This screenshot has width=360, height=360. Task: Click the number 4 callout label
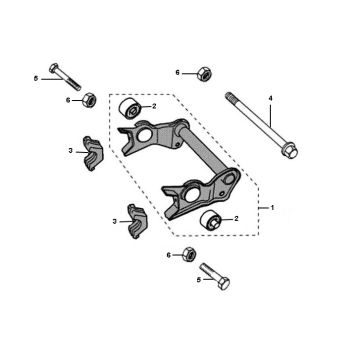pos(270,96)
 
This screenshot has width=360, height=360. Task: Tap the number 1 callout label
pos(268,206)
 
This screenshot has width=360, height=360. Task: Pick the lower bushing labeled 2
pos(211,221)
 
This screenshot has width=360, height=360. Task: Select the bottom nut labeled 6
pos(190,256)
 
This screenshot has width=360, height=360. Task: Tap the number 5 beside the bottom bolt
pos(198,281)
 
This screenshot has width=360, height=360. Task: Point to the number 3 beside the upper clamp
pos(70,150)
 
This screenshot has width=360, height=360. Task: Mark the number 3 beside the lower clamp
pos(115,220)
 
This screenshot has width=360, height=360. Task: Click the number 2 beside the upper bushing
pos(152,106)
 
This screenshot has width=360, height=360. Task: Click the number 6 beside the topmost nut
pos(177,72)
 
